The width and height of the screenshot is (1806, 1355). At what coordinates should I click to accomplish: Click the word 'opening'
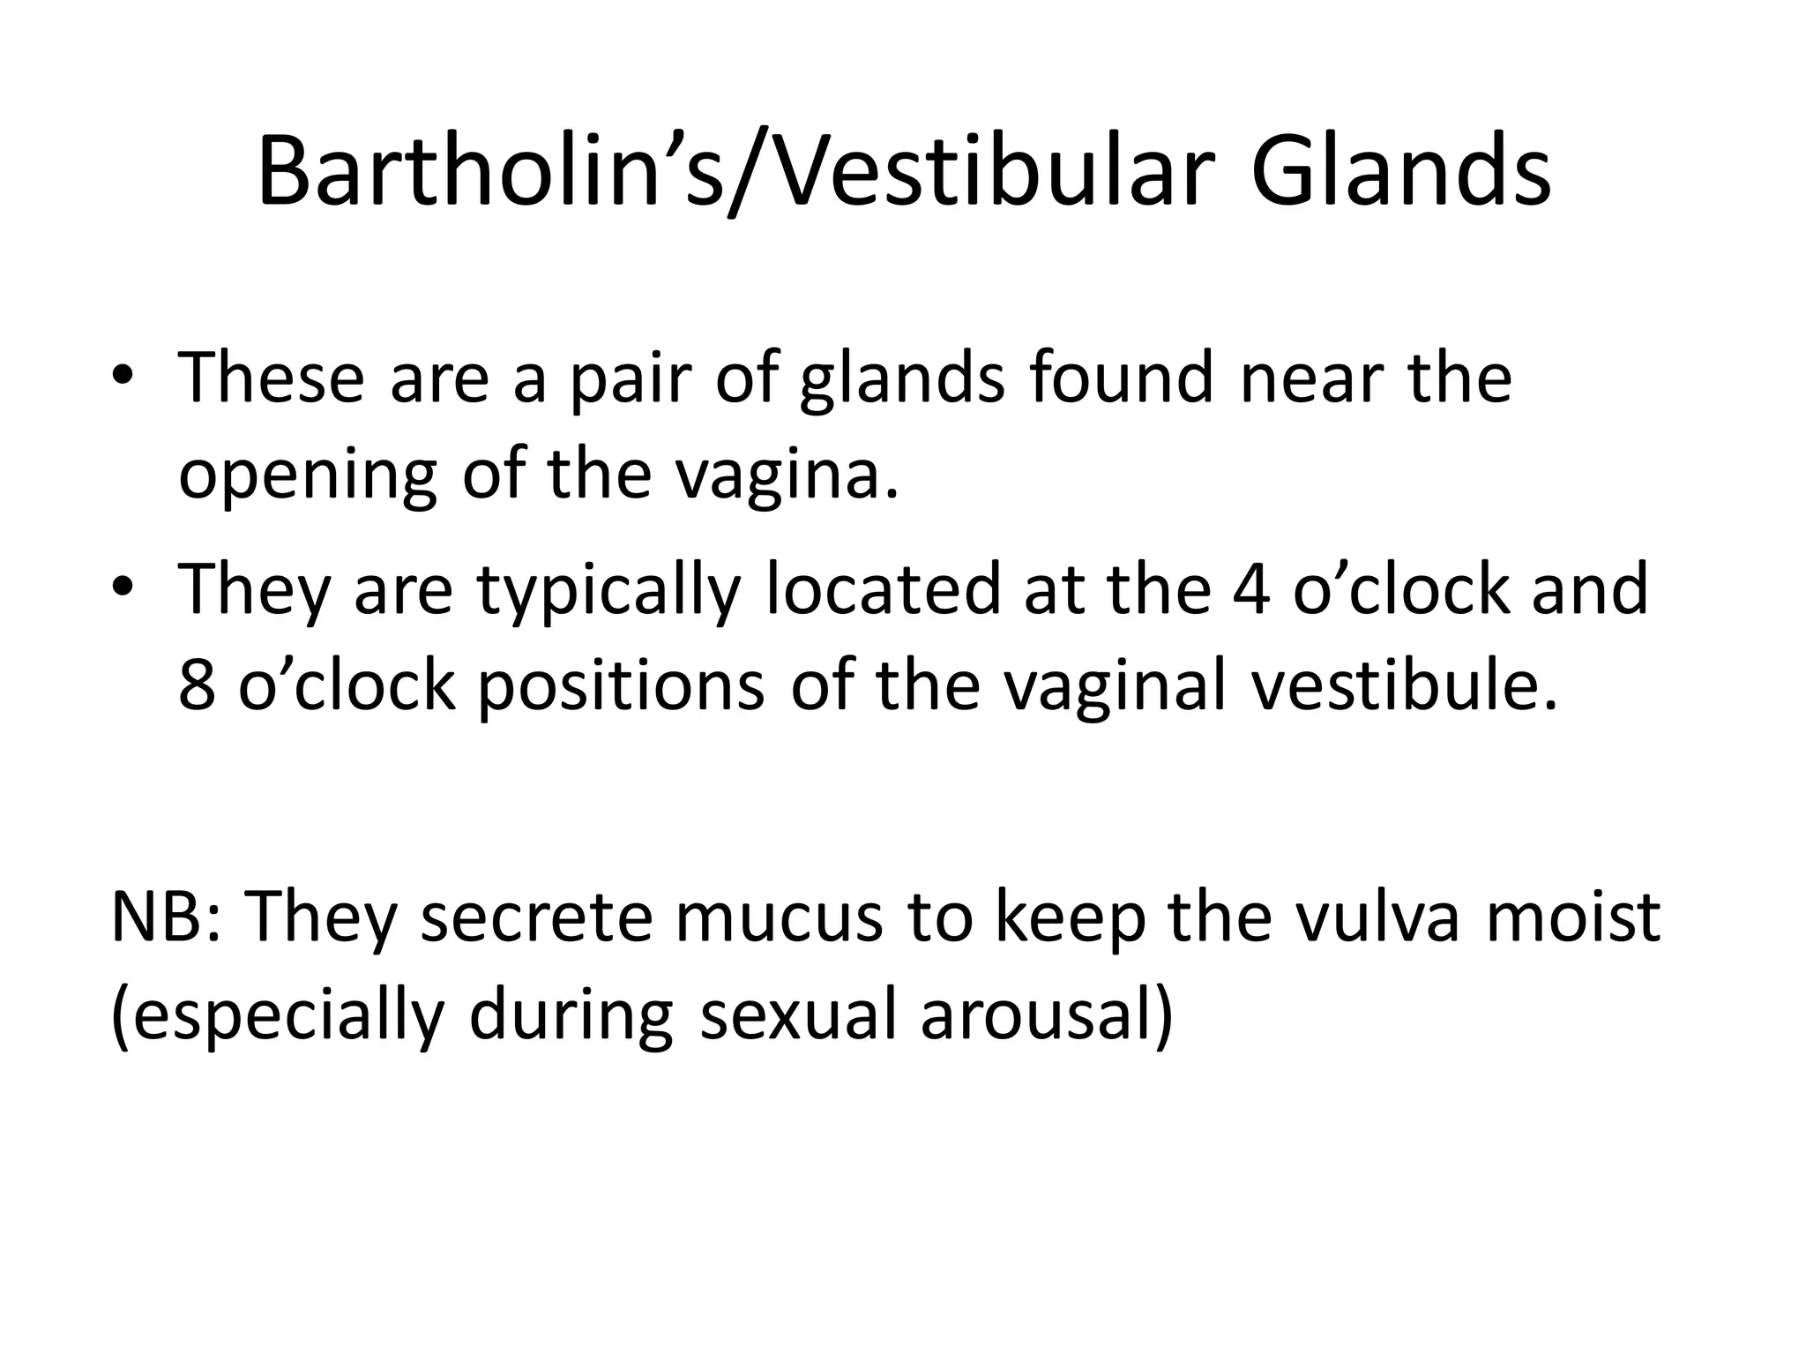(307, 476)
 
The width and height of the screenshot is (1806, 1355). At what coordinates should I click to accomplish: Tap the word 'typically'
(608, 591)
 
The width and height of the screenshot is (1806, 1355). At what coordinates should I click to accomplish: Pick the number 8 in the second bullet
(197, 686)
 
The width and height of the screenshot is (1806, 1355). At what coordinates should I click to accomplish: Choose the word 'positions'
(621, 688)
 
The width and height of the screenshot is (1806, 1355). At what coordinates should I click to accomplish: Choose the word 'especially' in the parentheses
(279, 1016)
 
